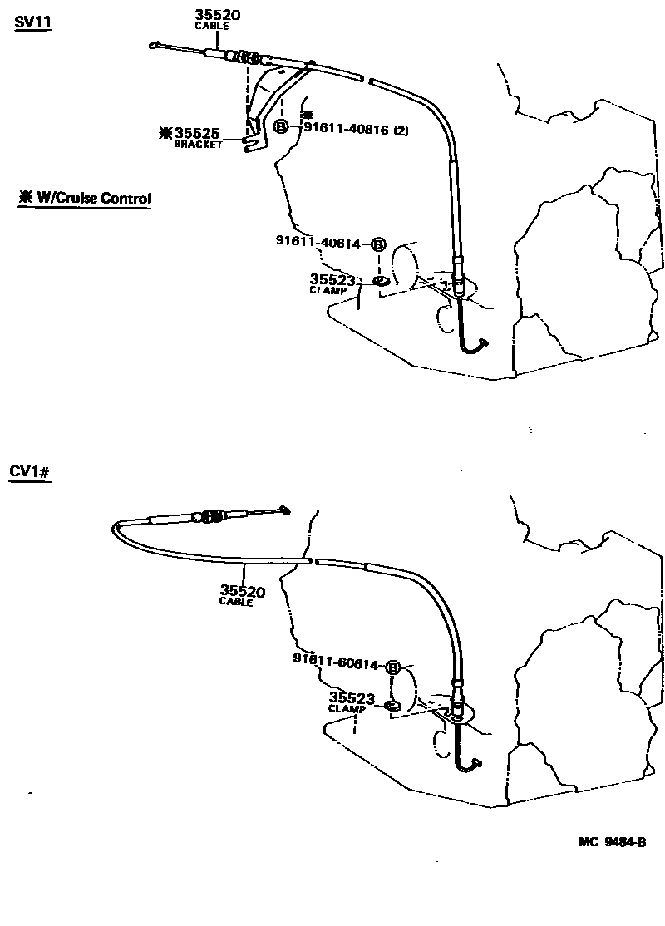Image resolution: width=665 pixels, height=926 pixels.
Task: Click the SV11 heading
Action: pos(33,22)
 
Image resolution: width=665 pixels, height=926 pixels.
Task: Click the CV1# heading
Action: pos(30,472)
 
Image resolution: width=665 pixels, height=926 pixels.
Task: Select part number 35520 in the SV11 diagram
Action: pos(217,15)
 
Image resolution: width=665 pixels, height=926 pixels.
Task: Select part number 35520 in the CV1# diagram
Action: pos(243,590)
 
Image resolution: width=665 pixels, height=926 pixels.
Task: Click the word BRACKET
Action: pos(199,145)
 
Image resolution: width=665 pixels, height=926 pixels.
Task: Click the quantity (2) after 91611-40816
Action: pos(401,130)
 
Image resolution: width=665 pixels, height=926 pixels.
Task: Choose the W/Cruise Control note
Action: pos(85,198)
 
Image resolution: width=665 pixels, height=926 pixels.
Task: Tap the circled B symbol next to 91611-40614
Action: pos(378,244)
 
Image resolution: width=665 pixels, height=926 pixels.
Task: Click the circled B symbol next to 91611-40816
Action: pos(282,126)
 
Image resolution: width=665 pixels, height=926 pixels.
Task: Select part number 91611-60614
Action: pos(336,662)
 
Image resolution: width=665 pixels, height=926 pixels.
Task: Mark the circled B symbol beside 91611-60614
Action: pos(392,668)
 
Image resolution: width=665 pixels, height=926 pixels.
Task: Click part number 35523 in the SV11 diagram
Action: pos(332,280)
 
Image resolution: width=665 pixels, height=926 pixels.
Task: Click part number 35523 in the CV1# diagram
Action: pos(352,698)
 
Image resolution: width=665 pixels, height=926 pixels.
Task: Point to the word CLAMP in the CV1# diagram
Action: pos(347,709)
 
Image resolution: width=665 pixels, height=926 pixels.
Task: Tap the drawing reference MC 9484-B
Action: pos(612,842)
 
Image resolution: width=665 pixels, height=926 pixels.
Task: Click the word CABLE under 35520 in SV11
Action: pos(211,27)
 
